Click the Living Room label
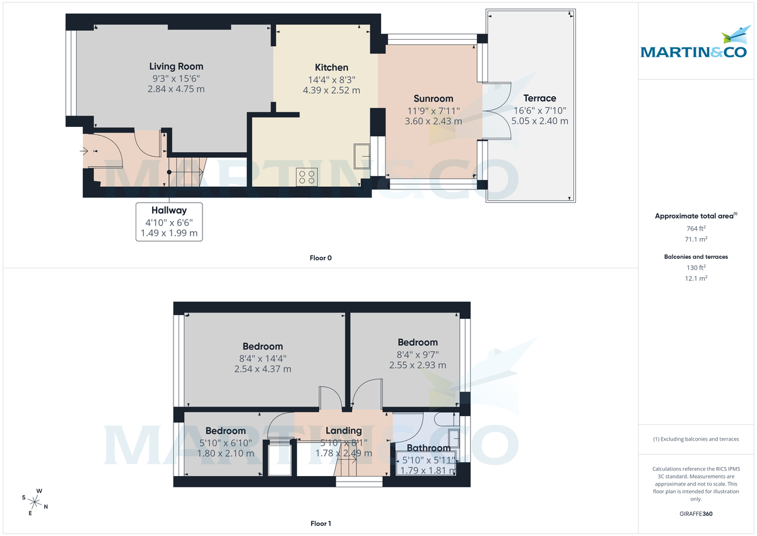coord(176,66)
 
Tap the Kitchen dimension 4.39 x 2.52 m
coord(331,90)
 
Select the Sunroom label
coord(433,98)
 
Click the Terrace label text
coord(539,98)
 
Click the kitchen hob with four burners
coord(307,177)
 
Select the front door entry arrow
coord(85,152)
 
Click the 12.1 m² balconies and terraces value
coord(696,278)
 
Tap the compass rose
coord(35,502)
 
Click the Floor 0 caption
coord(320,258)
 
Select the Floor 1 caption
coord(320,523)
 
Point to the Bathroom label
coord(428,448)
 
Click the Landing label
coord(344,431)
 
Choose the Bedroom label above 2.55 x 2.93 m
coord(417,342)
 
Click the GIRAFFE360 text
coord(696,514)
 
